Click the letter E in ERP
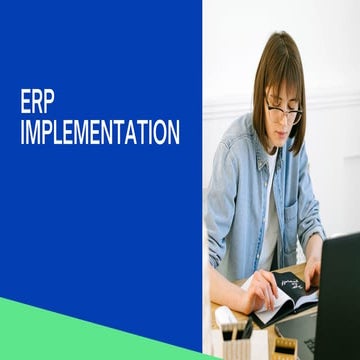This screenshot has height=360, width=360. (25, 102)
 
